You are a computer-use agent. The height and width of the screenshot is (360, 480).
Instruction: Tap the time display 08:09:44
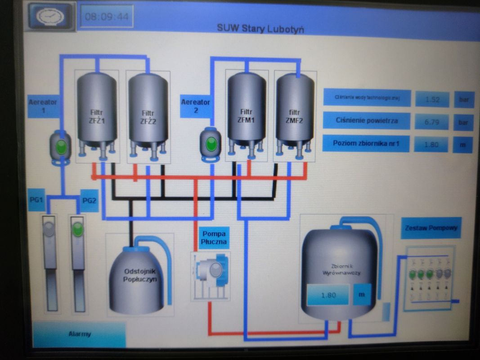pos(107,17)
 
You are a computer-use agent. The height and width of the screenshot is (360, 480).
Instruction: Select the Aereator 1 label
pos(43,106)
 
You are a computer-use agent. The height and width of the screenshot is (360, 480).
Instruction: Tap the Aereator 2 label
pos(196,106)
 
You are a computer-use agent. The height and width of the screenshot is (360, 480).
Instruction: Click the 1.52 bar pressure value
pos(432,99)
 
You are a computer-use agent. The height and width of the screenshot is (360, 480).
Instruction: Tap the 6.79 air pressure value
pos(432,121)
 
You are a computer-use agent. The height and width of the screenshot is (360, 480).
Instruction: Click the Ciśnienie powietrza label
pos(367,121)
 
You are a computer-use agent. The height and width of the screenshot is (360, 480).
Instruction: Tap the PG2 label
pos(89,201)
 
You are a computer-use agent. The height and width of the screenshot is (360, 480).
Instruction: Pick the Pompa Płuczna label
pos(214,238)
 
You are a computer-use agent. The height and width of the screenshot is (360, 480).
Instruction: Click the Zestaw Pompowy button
pos(431,228)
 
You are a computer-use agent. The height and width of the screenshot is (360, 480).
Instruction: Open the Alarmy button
pos(79,334)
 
